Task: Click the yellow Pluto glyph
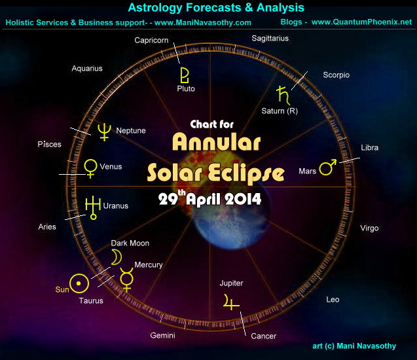[x=185, y=72]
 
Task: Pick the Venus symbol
[x=90, y=168]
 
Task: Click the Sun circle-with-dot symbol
[x=79, y=283]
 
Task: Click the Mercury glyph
[x=127, y=280]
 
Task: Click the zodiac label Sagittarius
[x=270, y=39]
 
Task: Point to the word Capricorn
[x=152, y=41]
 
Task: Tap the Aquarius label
[x=87, y=68]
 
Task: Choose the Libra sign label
[x=369, y=148]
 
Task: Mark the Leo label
[x=333, y=300]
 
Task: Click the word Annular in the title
[x=217, y=143]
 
